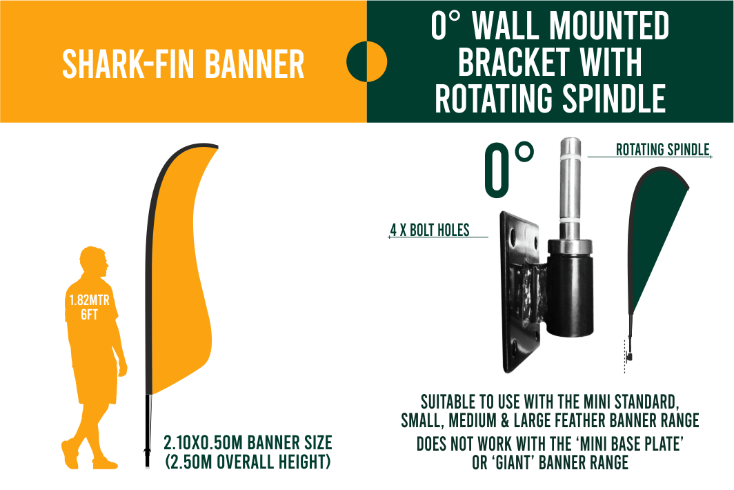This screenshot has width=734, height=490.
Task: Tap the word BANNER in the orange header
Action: [255, 64]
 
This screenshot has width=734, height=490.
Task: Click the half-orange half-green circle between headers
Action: [366, 61]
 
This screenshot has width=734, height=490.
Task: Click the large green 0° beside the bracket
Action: [509, 169]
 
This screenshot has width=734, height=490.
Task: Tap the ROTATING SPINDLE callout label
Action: [662, 150]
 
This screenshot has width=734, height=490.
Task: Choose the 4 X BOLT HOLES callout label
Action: [430, 230]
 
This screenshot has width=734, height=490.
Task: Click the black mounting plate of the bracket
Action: [520, 292]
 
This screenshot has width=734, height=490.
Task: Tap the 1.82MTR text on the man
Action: [90, 300]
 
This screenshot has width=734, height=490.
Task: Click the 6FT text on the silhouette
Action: [89, 314]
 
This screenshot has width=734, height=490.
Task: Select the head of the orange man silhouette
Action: [94, 264]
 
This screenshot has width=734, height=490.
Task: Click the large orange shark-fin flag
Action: [183, 269]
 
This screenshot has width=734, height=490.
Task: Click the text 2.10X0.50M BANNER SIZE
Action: [248, 442]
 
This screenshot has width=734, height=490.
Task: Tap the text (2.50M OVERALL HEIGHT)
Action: [248, 462]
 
